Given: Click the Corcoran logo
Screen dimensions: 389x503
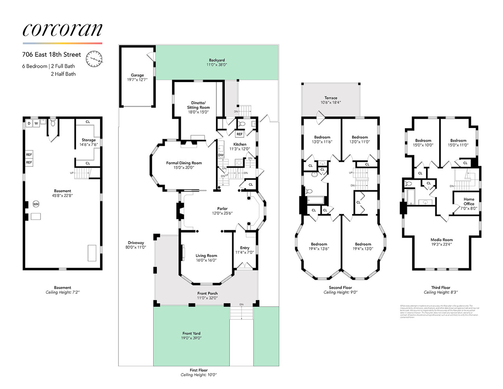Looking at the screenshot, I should (x=62, y=30).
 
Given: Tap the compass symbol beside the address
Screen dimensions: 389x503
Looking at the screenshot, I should (x=94, y=59).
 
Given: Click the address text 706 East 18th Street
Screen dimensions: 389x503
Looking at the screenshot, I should (x=51, y=54).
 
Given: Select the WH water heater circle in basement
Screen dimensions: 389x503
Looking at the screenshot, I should (x=36, y=204).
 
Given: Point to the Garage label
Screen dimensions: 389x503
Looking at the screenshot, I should (x=137, y=75).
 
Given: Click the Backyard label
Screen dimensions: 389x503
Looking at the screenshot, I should (x=217, y=60).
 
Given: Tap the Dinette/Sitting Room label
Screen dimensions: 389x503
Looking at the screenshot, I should (x=198, y=105).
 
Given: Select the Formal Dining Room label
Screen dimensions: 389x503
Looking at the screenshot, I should (x=184, y=163).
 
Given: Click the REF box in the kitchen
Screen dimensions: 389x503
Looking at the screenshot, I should (x=240, y=134).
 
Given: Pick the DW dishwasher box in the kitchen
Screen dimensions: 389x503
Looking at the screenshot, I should (x=221, y=155).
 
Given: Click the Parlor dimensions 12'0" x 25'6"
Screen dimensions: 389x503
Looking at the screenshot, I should (x=222, y=213).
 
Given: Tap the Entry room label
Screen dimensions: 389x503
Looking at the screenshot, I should (x=245, y=248).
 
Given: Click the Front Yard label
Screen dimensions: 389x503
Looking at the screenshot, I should (x=191, y=333).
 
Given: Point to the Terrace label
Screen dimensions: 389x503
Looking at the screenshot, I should (x=331, y=98).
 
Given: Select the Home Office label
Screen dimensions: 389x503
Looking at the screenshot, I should (x=469, y=202).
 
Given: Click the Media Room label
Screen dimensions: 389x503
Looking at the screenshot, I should (x=442, y=240).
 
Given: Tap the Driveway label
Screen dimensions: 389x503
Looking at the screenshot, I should (x=136, y=243).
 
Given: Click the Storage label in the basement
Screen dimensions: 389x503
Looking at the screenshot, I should (x=88, y=140).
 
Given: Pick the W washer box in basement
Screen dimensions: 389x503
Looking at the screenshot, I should (x=36, y=123).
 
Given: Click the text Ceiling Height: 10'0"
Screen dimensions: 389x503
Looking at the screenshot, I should (x=198, y=375).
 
